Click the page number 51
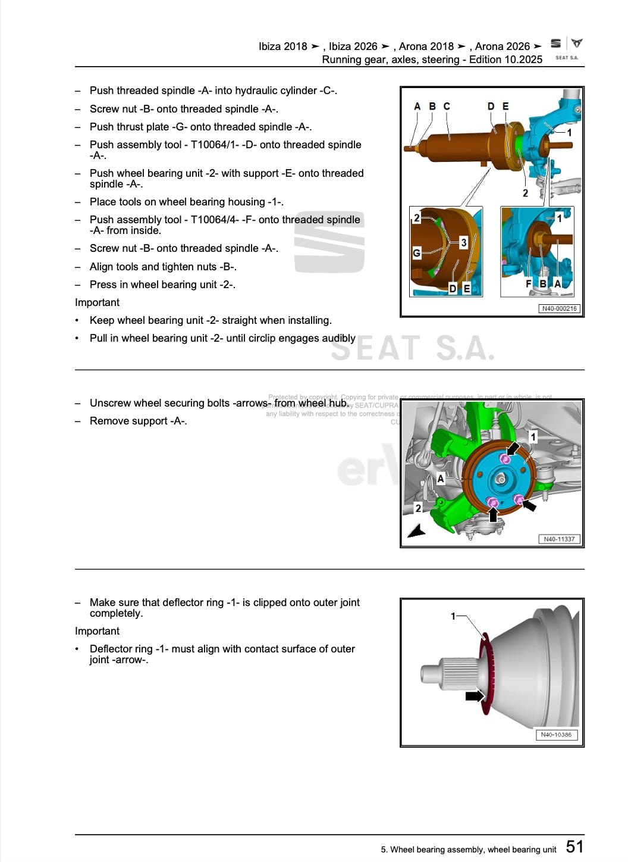(574, 847)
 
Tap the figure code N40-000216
(559, 308)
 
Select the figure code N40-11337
(559, 539)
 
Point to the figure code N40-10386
(556, 735)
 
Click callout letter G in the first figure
(416, 253)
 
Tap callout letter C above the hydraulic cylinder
(447, 106)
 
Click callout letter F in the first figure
(528, 284)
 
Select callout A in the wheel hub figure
(440, 478)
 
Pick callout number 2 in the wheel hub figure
(418, 508)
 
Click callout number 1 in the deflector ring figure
(453, 616)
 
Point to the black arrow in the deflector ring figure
(475, 696)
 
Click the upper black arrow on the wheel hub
(513, 448)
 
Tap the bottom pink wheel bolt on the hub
(492, 504)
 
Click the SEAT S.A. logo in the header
(566, 48)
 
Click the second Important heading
(97, 631)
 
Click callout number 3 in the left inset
(463, 242)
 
